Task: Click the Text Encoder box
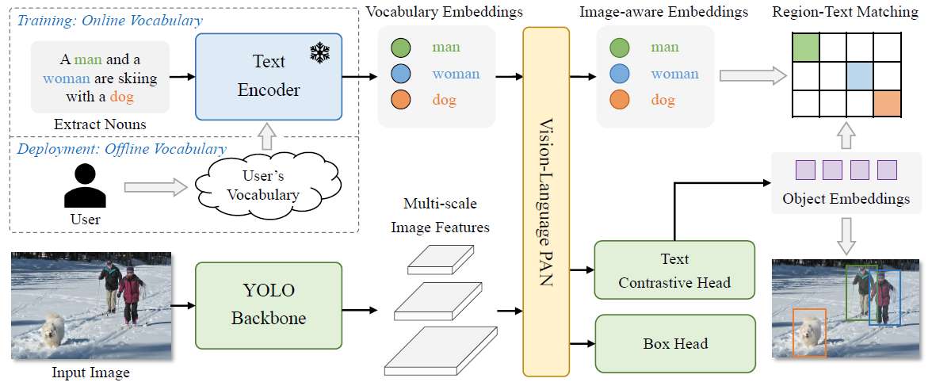coord(269,77)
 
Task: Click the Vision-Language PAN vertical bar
coord(546,201)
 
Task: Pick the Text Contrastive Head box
coord(674,271)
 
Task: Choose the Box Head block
coord(674,343)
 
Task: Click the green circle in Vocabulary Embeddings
coord(400,48)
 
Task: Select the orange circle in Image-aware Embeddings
coord(620,101)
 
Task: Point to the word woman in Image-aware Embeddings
coord(674,74)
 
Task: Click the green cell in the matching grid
coord(805,48)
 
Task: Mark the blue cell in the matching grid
coord(859,76)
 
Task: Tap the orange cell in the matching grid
coord(887,103)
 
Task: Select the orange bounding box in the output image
coord(809,331)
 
